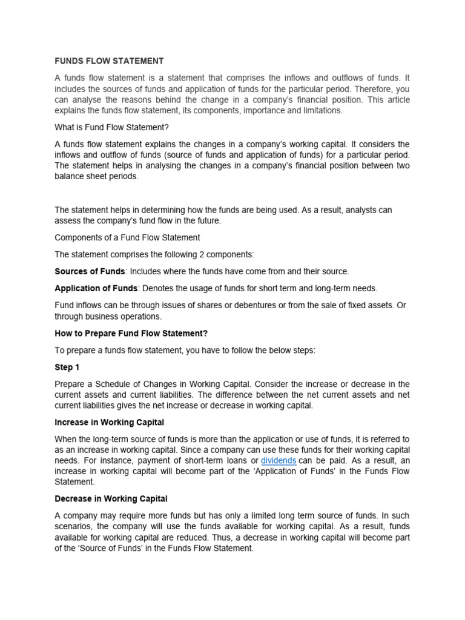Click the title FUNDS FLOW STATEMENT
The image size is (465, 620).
[x=109, y=61]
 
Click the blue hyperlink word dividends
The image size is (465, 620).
[x=279, y=460]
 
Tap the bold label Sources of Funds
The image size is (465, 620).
[x=90, y=271]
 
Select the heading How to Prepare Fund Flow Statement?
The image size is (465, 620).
[x=131, y=333]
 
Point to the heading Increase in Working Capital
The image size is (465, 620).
[x=109, y=422]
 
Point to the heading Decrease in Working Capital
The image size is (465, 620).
[x=111, y=498]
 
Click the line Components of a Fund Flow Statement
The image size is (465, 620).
[x=127, y=237]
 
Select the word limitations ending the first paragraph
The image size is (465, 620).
[x=321, y=110]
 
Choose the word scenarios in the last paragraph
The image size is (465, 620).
[x=74, y=526]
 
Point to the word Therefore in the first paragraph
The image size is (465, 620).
[x=369, y=88]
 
